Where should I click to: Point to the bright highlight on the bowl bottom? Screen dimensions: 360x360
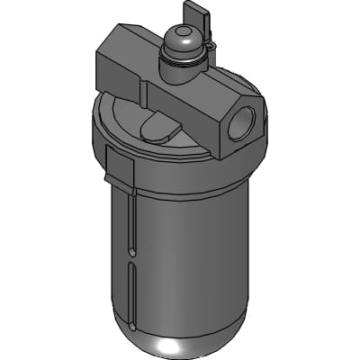coord(180,347)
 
